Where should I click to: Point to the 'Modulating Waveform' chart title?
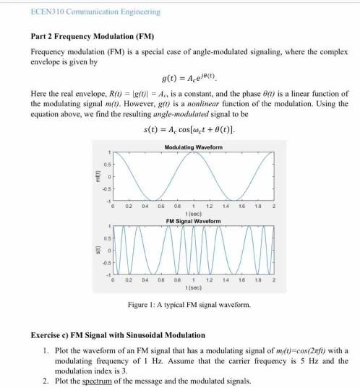(x=194, y=147)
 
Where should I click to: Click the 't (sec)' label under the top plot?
(x=194, y=213)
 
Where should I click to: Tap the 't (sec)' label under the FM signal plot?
(x=194, y=286)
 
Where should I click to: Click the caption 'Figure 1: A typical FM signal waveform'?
(x=189, y=304)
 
